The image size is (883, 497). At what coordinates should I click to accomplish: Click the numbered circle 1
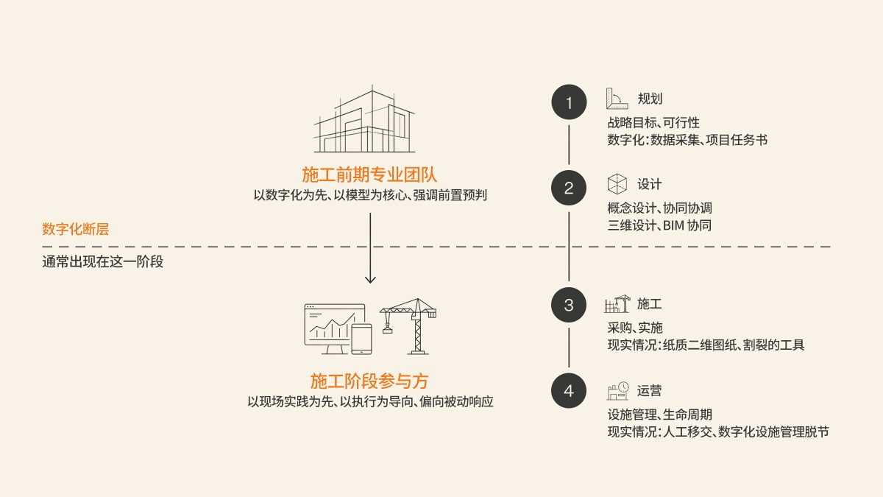(x=569, y=104)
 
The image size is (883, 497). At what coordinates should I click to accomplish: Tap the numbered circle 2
(x=569, y=188)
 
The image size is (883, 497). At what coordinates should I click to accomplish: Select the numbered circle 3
(x=569, y=305)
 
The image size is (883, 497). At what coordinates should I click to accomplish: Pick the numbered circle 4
(x=569, y=390)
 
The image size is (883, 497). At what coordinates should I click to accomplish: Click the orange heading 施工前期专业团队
(x=369, y=175)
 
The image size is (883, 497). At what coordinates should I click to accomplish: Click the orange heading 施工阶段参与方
(x=369, y=381)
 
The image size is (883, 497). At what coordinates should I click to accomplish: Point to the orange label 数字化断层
(x=75, y=229)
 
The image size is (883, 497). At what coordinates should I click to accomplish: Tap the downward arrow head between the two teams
(x=370, y=279)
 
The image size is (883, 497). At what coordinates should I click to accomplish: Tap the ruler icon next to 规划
(x=616, y=99)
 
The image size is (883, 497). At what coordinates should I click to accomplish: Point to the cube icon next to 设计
(x=617, y=184)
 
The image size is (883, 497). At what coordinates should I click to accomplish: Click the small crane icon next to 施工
(x=617, y=304)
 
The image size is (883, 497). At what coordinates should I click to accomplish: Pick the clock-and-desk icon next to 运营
(x=617, y=390)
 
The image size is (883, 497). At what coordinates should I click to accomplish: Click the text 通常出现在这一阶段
(x=102, y=261)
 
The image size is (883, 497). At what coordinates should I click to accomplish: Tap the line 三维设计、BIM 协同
(x=659, y=226)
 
